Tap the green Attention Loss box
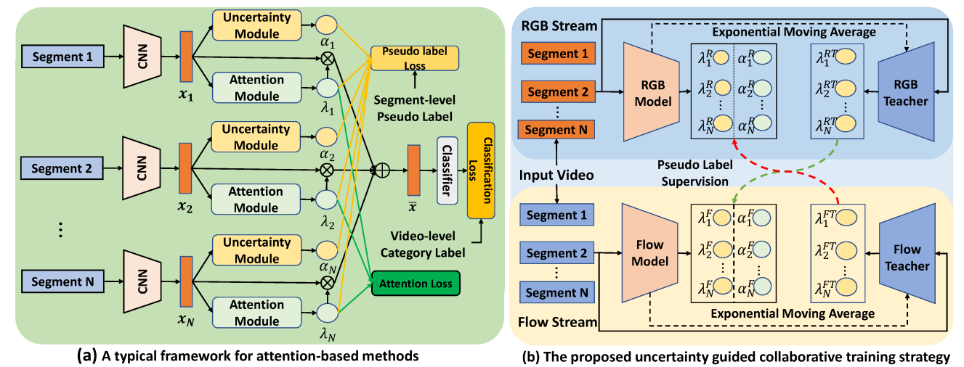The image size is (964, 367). (x=414, y=284)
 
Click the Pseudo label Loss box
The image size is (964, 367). (x=415, y=58)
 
